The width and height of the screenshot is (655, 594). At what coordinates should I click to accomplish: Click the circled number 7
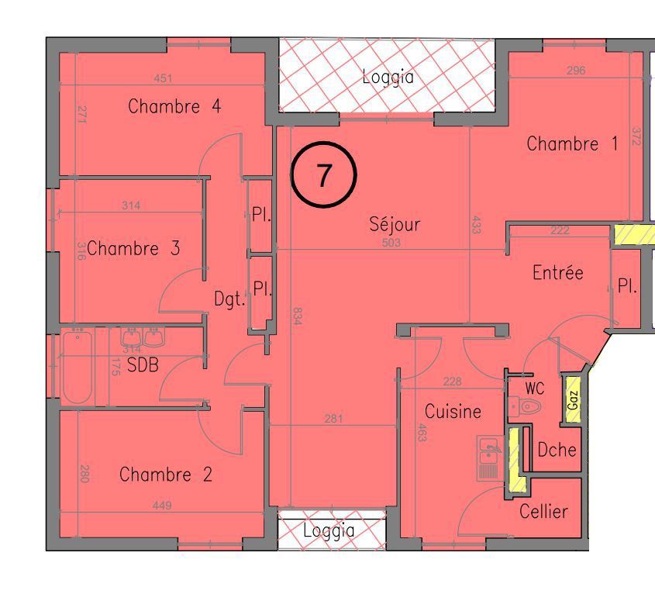(324, 174)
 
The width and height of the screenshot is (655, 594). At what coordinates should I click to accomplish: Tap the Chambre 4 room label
(174, 106)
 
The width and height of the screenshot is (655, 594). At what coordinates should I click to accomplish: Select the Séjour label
(395, 223)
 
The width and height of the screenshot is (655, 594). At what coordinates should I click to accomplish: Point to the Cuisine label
(453, 411)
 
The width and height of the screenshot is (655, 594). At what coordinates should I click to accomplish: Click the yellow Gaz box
(573, 400)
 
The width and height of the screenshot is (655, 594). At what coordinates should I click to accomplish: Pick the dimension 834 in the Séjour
(297, 316)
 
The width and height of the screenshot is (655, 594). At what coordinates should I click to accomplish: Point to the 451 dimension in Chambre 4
(163, 78)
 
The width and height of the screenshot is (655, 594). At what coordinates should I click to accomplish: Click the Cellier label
(543, 511)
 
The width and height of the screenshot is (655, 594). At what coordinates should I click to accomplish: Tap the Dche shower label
(557, 450)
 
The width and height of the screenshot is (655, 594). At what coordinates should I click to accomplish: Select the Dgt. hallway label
(229, 299)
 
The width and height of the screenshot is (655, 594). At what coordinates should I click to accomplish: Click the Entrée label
(558, 272)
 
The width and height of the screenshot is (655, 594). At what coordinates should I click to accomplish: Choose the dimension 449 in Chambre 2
(162, 506)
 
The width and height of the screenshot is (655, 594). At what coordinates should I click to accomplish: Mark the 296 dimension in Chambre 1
(576, 71)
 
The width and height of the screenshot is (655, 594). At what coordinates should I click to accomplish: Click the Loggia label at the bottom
(329, 530)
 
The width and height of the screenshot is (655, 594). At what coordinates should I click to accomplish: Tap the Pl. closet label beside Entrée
(627, 286)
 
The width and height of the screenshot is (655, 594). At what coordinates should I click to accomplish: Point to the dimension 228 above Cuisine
(453, 382)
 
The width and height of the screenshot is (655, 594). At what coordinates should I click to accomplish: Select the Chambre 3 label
(133, 248)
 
